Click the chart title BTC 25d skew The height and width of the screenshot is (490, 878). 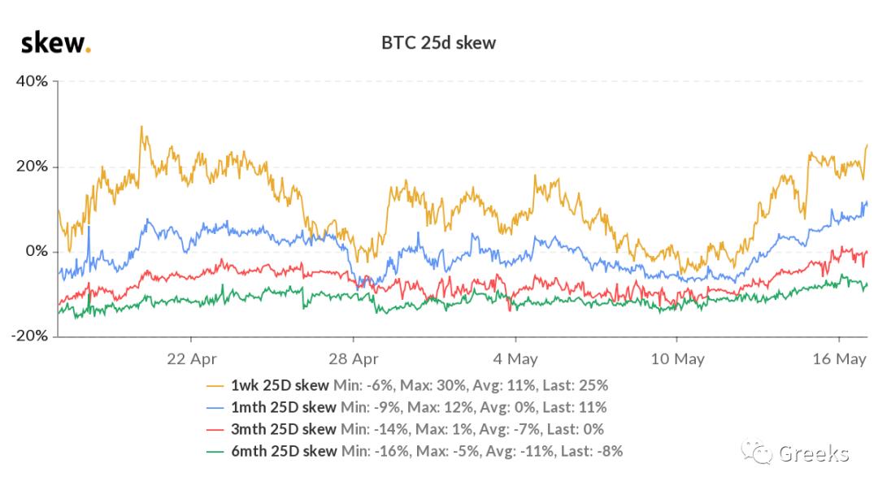click(438, 43)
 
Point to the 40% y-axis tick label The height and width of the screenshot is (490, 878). click(32, 81)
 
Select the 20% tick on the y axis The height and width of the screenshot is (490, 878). click(32, 167)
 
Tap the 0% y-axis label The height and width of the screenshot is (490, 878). click(37, 251)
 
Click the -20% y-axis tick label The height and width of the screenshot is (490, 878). click(28, 336)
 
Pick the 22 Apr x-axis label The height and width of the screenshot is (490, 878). click(192, 358)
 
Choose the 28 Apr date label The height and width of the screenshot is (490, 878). click(354, 358)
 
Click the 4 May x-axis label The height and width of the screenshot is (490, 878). click(515, 358)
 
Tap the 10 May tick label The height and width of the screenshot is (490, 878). click(676, 358)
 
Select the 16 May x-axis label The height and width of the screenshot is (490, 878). click(838, 358)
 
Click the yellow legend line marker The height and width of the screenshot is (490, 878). click(216, 385)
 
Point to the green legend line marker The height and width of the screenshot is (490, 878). click(216, 451)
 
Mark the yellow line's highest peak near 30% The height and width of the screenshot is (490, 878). click(141, 127)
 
